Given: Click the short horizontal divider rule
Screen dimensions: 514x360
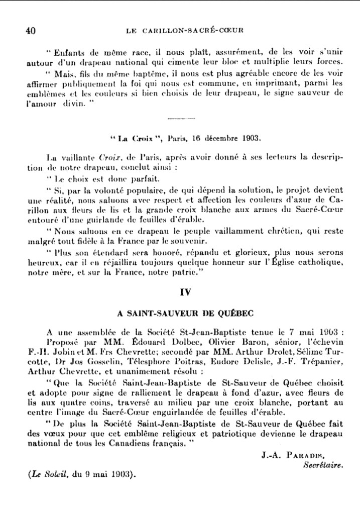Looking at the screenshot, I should pyautogui.click(x=179, y=119).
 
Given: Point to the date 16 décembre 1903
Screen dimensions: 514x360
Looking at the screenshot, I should pyautogui.click(x=219, y=137).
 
